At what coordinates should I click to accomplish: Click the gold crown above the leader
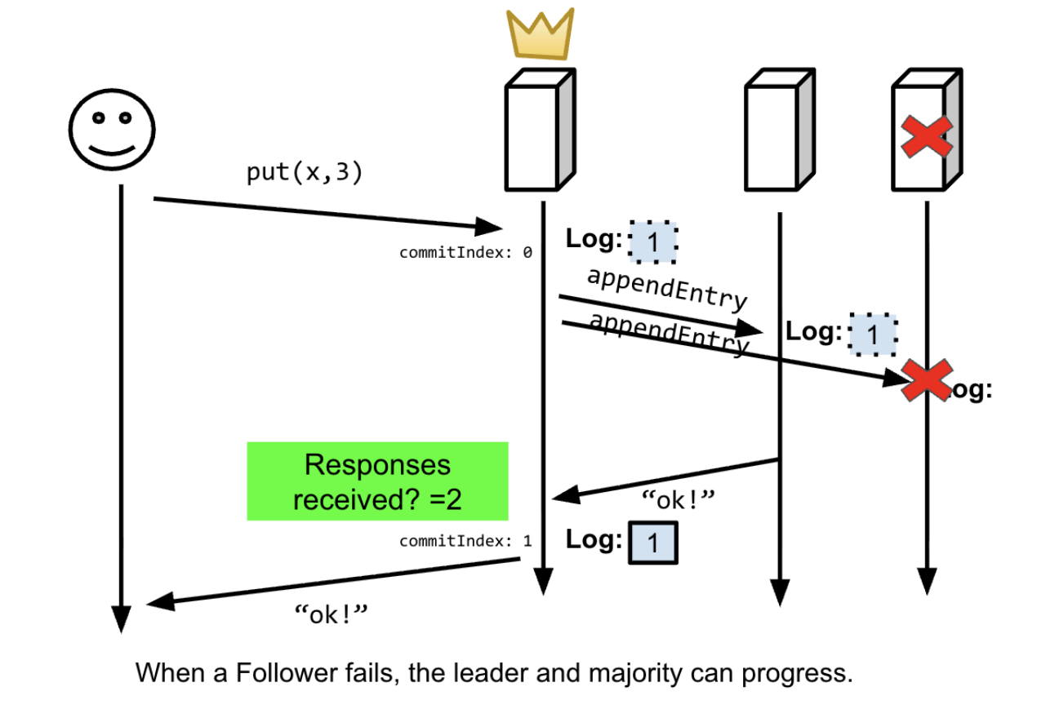[x=540, y=35]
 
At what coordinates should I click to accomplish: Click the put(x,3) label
[x=304, y=173]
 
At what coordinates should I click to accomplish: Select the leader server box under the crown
[x=536, y=131]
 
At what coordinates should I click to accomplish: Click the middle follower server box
[x=777, y=131]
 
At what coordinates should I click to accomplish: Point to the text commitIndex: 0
[x=465, y=253]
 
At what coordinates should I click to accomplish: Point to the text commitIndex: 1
[x=465, y=540]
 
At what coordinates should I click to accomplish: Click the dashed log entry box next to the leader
[x=652, y=242]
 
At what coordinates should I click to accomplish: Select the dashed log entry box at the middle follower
[x=873, y=335]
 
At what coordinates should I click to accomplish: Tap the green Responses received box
[x=377, y=481]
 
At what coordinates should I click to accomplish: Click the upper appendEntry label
[x=666, y=288]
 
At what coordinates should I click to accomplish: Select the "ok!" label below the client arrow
[x=332, y=614]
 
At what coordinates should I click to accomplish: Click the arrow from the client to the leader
[x=327, y=212]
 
